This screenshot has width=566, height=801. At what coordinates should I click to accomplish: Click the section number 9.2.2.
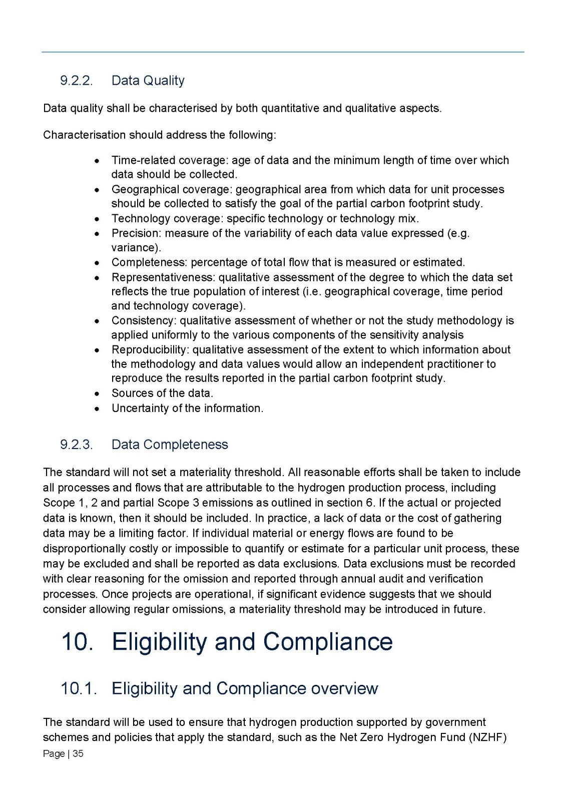(77, 81)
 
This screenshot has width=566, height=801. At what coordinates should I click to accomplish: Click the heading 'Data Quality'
(148, 81)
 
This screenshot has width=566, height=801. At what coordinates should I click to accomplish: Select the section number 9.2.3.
(77, 445)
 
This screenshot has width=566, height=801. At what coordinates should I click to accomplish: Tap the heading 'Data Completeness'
(170, 445)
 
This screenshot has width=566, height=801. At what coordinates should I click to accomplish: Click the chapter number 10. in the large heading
(77, 642)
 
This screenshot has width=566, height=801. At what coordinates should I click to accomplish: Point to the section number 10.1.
(79, 688)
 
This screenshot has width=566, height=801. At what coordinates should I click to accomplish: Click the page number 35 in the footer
(78, 753)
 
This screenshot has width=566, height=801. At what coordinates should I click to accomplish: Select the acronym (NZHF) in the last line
(488, 737)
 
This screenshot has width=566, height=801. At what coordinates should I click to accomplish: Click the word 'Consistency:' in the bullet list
(144, 320)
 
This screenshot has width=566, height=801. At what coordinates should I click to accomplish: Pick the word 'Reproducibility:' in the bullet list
(150, 349)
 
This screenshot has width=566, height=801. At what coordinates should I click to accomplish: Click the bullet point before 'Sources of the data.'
(98, 394)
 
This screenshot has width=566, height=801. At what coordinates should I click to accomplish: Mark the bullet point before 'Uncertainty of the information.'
(98, 409)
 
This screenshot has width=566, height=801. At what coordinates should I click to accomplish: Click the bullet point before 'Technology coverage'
(98, 219)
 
